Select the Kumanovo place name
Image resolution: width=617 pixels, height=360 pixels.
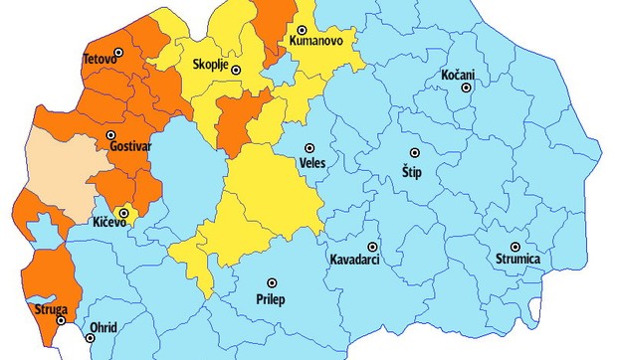[317, 43]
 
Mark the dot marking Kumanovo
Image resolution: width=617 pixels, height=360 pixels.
[302, 30]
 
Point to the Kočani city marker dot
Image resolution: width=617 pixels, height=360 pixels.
[465, 89]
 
